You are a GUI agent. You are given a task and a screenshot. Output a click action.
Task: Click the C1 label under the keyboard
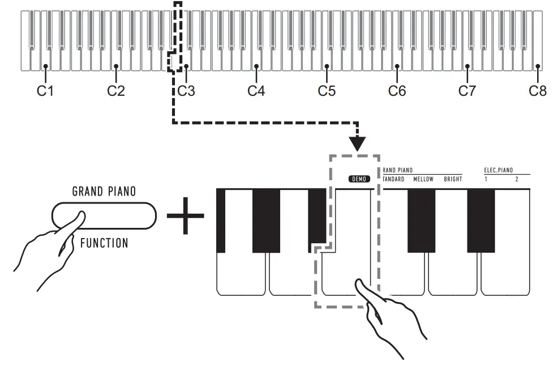point(45,91)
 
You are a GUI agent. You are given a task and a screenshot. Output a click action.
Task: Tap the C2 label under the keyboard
point(116,91)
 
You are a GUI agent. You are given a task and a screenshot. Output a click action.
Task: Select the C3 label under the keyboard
point(186,91)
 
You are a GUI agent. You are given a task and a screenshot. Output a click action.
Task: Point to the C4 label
point(256,91)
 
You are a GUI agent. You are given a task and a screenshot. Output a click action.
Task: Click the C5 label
point(327,91)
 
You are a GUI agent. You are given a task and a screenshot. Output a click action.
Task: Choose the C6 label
point(397,91)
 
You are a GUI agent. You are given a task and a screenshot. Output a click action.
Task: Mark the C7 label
point(467,91)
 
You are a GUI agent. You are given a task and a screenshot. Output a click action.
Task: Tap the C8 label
point(538,91)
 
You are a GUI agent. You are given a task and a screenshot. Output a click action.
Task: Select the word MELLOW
point(423,180)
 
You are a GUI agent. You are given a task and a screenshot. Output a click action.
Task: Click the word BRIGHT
point(453,180)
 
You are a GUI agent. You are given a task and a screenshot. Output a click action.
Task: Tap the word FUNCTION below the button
point(104,243)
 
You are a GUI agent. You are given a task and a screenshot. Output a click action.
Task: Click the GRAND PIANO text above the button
point(104,192)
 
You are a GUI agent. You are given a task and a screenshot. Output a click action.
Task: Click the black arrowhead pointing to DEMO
point(358,143)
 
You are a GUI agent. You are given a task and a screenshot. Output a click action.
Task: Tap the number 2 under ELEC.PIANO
point(516,180)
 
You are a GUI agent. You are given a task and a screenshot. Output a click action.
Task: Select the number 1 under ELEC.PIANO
point(486,180)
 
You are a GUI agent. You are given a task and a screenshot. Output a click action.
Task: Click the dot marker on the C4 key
point(256,66)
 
